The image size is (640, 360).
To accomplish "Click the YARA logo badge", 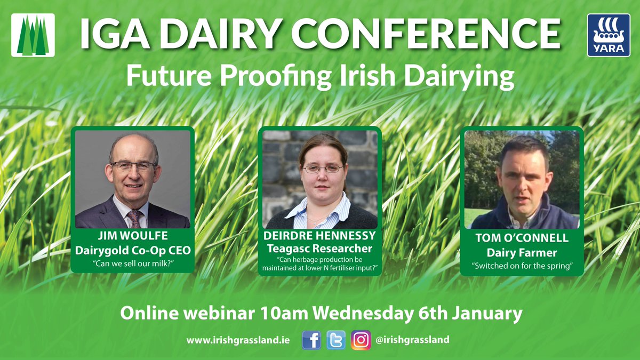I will [609, 35].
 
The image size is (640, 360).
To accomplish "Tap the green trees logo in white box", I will [33, 35].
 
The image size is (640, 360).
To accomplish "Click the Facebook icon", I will [311, 340].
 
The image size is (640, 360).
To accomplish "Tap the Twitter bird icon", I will [336, 340].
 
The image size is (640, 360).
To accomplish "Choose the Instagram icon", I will [361, 340].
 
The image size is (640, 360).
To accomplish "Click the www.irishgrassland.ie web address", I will [238, 340].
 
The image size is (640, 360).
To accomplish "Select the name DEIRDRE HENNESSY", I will [319, 235].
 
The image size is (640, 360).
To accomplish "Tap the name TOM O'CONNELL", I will [522, 238].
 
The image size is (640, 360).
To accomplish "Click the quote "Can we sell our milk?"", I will [132, 263].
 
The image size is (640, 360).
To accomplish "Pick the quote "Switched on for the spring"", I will [522, 266].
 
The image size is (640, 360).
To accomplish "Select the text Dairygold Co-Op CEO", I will [132, 250].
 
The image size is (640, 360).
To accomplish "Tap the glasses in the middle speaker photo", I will [323, 169].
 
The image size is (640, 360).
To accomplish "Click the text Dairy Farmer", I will [522, 253].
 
